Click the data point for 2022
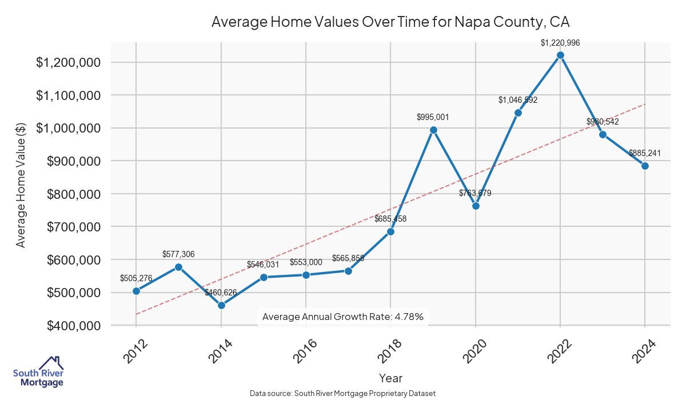pos(560,55)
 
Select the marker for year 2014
pos(221,305)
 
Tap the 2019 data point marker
pos(433,130)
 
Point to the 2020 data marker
pos(476,206)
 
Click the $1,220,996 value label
pos(560,42)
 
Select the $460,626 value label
pos(221,293)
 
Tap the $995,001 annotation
pos(433,117)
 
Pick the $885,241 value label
pos(645,153)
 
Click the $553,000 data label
pos(306,262)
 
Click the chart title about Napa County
pos(391,22)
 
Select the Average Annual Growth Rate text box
pos(343,317)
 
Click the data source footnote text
pos(343,393)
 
